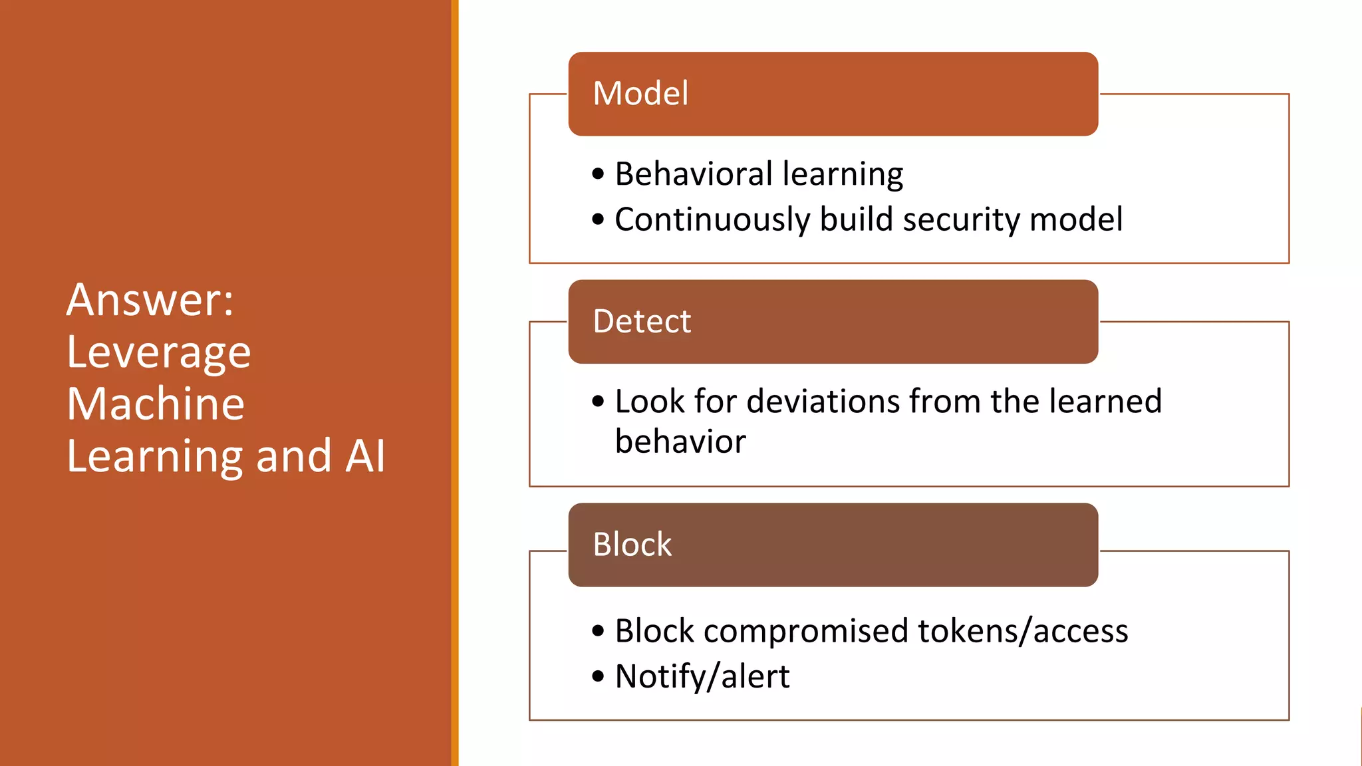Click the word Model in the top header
click(x=640, y=94)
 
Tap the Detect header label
click(x=642, y=322)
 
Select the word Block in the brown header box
click(x=632, y=545)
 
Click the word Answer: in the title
click(x=150, y=300)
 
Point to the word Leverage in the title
click(x=159, y=352)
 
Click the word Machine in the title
click(x=156, y=404)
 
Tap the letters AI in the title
click(x=366, y=456)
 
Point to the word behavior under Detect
click(x=680, y=442)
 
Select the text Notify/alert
click(x=702, y=677)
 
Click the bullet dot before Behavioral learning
click(x=598, y=175)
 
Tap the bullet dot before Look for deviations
click(x=598, y=402)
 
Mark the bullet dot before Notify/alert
click(x=598, y=677)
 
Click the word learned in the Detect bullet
click(x=1105, y=402)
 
